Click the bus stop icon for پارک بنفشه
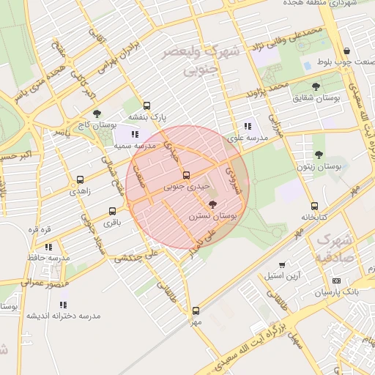(x=147, y=105)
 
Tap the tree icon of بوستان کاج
(x=97, y=114)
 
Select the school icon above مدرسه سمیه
(x=134, y=134)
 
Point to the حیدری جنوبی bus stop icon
(x=186, y=176)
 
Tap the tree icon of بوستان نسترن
(x=212, y=205)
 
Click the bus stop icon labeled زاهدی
(x=79, y=179)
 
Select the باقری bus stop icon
(x=112, y=212)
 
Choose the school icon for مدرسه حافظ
(x=48, y=248)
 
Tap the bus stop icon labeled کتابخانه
(x=315, y=206)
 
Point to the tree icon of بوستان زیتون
(x=319, y=155)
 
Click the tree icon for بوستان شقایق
(x=316, y=86)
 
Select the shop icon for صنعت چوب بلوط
(x=346, y=51)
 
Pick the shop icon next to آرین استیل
(x=283, y=264)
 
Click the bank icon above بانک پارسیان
(x=336, y=281)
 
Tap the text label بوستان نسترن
(x=211, y=217)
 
